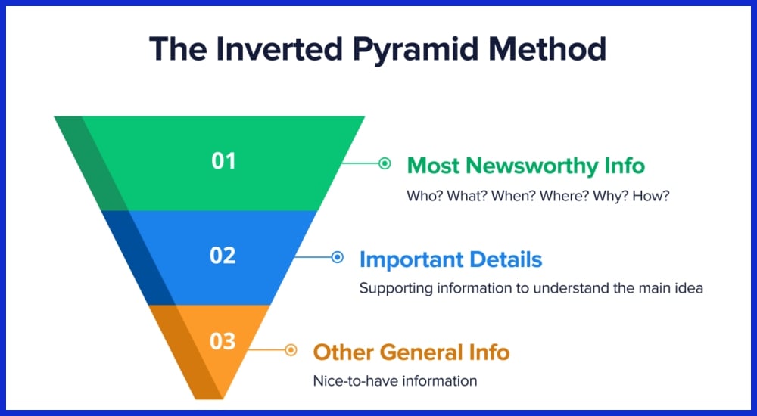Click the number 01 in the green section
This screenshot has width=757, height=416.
[x=223, y=160]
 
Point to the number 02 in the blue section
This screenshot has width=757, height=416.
[x=223, y=256]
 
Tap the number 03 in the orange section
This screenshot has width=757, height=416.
[x=223, y=341]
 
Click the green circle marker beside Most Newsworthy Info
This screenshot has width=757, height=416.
[x=385, y=163]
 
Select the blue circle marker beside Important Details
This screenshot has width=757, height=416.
[x=338, y=257]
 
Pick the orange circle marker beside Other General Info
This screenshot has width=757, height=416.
[x=291, y=350]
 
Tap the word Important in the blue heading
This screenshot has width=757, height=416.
[x=412, y=260]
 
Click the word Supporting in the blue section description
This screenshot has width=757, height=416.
[x=397, y=289]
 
